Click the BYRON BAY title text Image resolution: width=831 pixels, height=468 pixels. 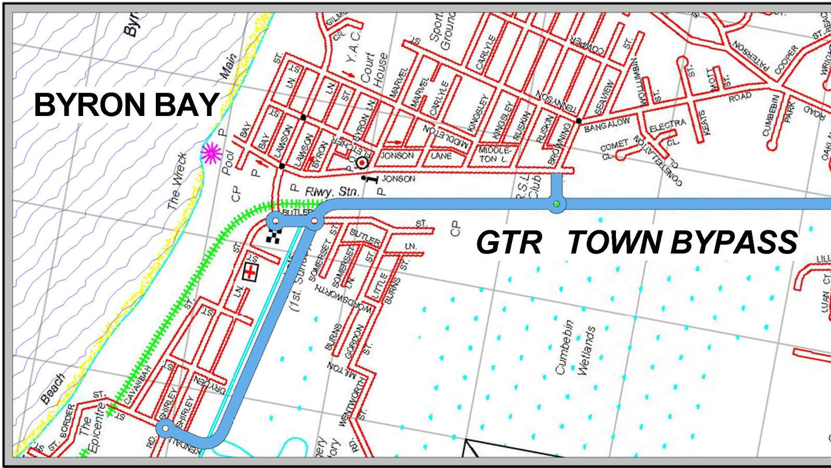(126, 105)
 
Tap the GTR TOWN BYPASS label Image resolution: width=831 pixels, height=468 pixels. (636, 242)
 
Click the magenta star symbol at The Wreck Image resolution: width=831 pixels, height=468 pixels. (211, 153)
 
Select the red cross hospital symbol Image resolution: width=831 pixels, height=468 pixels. (251, 272)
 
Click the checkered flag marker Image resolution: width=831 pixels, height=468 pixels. (273, 237)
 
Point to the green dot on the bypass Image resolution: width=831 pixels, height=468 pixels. (557, 203)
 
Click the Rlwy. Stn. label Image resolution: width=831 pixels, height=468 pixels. (331, 192)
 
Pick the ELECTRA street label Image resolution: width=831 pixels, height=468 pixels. (667, 125)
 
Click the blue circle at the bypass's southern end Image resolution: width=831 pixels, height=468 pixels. (165, 428)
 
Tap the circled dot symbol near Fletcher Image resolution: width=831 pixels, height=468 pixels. (362, 163)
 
